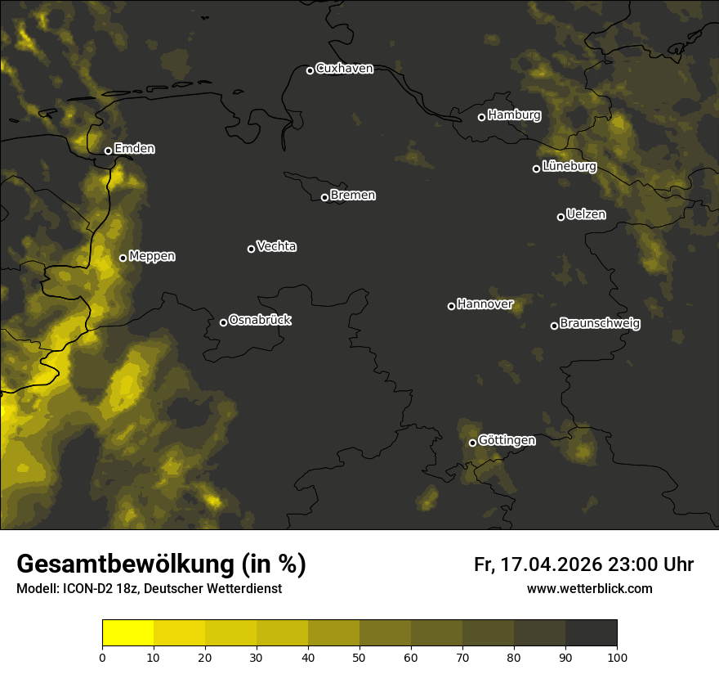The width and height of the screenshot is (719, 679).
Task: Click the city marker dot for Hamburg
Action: point(481,117)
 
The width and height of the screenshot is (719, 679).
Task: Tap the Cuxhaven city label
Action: point(344,69)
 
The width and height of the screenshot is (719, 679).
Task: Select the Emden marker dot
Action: point(108,151)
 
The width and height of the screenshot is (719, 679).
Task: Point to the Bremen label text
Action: point(353,196)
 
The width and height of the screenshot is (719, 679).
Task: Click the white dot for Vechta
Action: point(251,249)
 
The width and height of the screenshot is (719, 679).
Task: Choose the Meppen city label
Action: point(152,256)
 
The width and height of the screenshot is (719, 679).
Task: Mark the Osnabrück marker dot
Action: point(223,322)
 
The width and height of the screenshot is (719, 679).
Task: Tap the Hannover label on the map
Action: point(485,304)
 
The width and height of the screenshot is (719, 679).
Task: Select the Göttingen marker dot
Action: point(472,443)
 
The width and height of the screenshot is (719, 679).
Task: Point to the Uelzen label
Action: point(586,214)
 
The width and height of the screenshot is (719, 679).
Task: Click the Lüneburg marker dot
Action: point(536,169)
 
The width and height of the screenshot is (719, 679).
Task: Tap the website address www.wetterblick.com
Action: point(589,588)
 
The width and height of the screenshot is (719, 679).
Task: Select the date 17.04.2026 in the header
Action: point(548,564)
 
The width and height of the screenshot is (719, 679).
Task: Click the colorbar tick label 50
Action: point(359,657)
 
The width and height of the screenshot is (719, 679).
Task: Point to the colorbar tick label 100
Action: point(617,657)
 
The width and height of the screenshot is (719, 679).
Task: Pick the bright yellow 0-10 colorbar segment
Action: point(128,633)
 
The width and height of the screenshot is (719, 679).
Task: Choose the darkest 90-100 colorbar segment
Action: point(591,633)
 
